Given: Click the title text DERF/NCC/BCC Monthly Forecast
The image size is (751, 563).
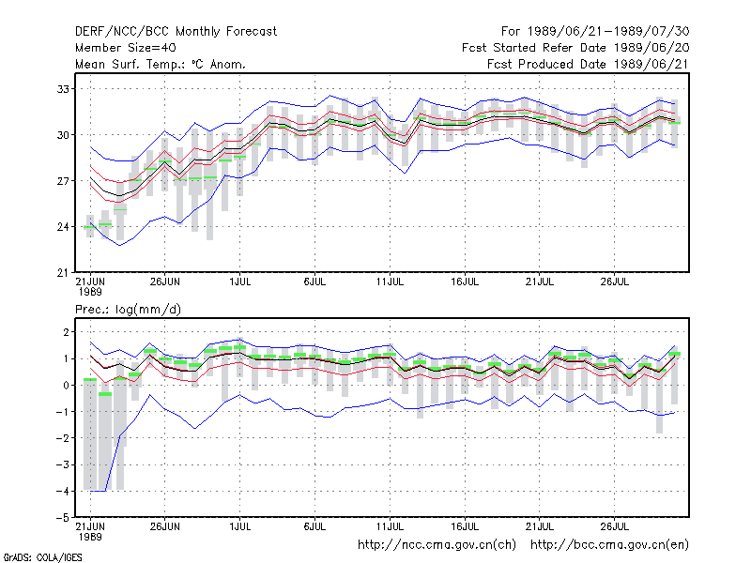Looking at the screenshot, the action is pyautogui.click(x=176, y=32).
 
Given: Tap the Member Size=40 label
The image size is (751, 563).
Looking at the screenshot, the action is pyautogui.click(x=126, y=48).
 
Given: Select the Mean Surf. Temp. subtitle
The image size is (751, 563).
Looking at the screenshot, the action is pyautogui.click(x=161, y=64).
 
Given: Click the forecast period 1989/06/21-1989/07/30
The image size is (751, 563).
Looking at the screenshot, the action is pyautogui.click(x=595, y=32).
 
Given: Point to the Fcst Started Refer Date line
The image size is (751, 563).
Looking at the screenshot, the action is pyautogui.click(x=575, y=48).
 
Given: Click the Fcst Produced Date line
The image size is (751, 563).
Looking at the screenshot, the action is pyautogui.click(x=588, y=64).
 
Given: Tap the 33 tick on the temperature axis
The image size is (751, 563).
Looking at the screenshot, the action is pyautogui.click(x=63, y=89).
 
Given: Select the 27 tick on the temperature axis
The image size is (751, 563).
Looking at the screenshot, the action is pyautogui.click(x=63, y=181).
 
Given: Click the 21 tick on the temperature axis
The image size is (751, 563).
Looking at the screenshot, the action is pyautogui.click(x=63, y=273).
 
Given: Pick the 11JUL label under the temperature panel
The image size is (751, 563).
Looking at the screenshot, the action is pyautogui.click(x=390, y=282).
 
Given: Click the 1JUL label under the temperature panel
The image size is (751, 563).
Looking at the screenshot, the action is pyautogui.click(x=240, y=282).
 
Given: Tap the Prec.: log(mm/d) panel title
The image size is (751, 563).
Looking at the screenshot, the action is pyautogui.click(x=128, y=310).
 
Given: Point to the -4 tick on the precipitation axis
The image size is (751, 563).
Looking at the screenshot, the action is pyautogui.click(x=62, y=491).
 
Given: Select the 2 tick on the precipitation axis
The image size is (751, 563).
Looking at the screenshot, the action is pyautogui.click(x=66, y=332).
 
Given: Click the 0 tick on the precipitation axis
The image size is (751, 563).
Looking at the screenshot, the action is pyautogui.click(x=66, y=386).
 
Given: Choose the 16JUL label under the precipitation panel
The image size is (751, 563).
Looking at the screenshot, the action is pyautogui.click(x=465, y=526).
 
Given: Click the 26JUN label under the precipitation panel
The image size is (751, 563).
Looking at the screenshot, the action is pyautogui.click(x=165, y=526).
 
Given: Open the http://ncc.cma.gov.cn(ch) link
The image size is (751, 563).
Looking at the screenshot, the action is pyautogui.click(x=437, y=545).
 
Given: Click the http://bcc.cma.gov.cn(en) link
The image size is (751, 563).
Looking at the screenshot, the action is pyautogui.click(x=609, y=545).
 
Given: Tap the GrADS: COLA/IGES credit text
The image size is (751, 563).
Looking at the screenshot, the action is pyautogui.click(x=43, y=557).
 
